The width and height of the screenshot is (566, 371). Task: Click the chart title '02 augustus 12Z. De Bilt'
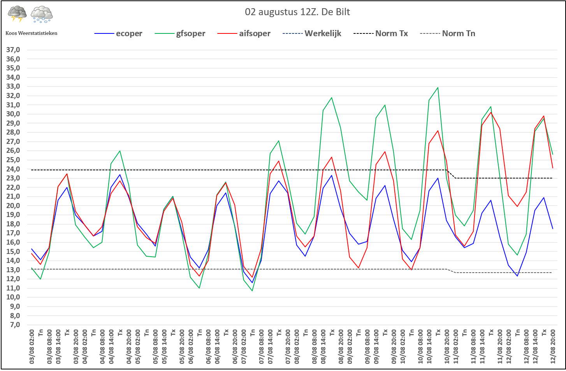point(297,12)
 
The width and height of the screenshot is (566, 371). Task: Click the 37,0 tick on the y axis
point(13,50)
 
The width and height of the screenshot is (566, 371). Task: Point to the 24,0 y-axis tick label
point(13,169)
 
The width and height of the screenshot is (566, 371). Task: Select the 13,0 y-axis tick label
point(13,270)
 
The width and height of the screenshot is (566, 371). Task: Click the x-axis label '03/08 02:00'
point(32,346)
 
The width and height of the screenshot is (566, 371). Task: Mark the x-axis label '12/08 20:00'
point(553,346)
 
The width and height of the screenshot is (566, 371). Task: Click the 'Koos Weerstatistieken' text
point(32,33)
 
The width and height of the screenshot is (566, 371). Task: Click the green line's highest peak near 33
point(438,87)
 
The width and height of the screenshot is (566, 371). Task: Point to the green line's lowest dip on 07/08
point(252,290)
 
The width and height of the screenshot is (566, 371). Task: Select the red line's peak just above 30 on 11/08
point(491,112)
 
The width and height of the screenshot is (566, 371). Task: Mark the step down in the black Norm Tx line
point(451,174)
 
